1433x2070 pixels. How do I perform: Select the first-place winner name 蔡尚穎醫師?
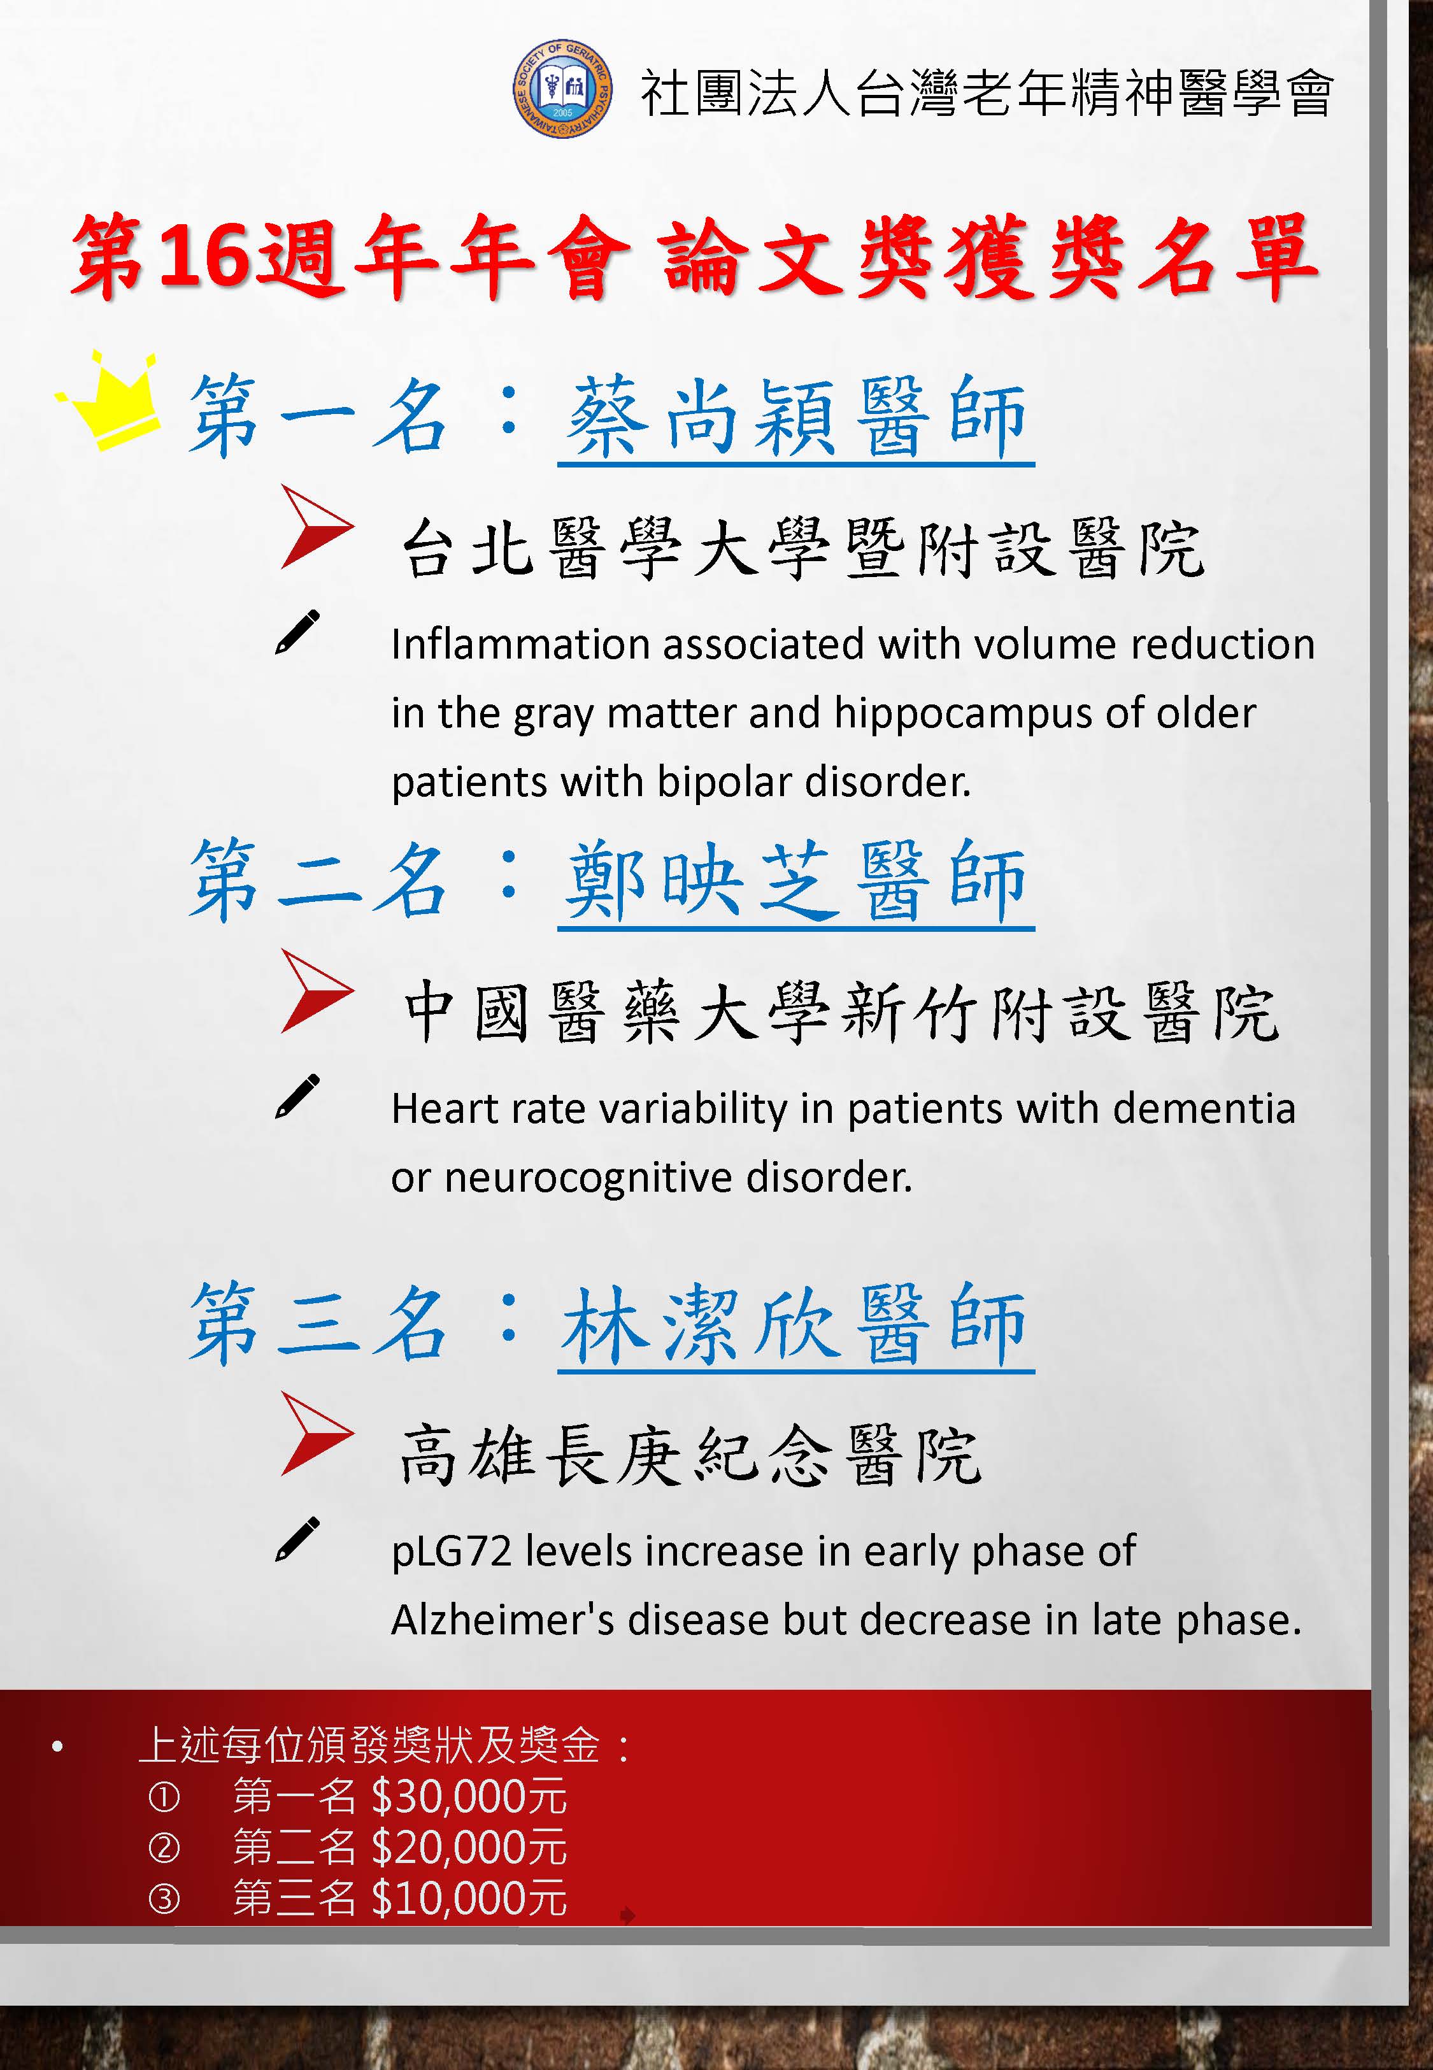click(795, 417)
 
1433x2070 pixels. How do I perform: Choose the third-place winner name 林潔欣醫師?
click(795, 1324)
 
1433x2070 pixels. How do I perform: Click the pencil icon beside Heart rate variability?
click(297, 1096)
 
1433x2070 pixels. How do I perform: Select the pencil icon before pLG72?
click(297, 1539)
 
